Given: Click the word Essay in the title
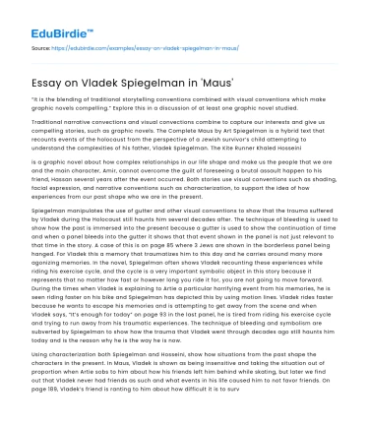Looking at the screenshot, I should pos(48,83).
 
